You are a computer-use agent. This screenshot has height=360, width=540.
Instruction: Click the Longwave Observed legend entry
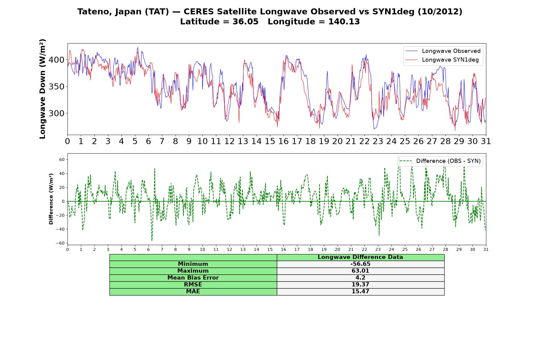[443, 51]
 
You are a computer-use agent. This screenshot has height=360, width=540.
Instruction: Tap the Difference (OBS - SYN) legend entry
[440, 161]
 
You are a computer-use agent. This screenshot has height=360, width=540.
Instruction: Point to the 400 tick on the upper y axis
[56, 60]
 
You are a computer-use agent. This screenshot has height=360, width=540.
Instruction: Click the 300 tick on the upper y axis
[56, 113]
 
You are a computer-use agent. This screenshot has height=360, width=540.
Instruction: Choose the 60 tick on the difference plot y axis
[62, 160]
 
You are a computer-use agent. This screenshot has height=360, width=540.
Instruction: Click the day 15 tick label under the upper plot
[270, 141]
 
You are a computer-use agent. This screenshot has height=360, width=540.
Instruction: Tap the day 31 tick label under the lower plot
[486, 249]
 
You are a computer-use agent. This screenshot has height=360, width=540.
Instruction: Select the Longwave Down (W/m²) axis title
[43, 89]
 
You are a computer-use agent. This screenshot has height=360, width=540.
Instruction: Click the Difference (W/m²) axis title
[51, 199]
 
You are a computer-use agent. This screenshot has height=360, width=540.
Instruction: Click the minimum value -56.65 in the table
[360, 264]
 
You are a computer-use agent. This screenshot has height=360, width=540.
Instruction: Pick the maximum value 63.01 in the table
[360, 271]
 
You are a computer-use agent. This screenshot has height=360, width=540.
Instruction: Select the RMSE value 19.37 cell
[360, 285]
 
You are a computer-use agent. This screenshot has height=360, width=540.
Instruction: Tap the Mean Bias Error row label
[193, 278]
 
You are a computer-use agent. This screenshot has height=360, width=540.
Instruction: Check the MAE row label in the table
[193, 292]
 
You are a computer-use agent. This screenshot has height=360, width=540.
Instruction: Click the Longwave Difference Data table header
[360, 257]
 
